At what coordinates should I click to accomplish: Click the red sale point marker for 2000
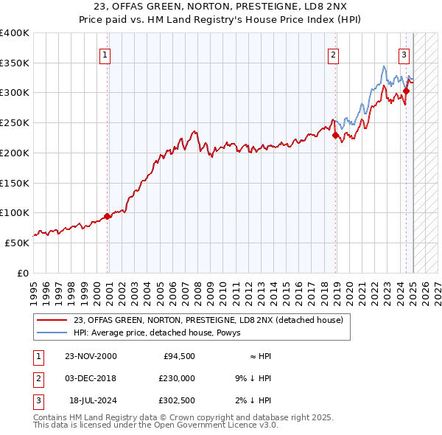[108, 216]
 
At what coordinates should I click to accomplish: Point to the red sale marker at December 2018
[335, 135]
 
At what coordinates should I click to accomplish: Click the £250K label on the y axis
[15, 122]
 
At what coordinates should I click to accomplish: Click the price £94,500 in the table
[178, 356]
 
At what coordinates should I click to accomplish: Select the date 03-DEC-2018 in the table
[91, 378]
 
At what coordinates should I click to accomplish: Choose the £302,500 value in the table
[177, 400]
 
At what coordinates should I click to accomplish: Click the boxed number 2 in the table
[38, 378]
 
